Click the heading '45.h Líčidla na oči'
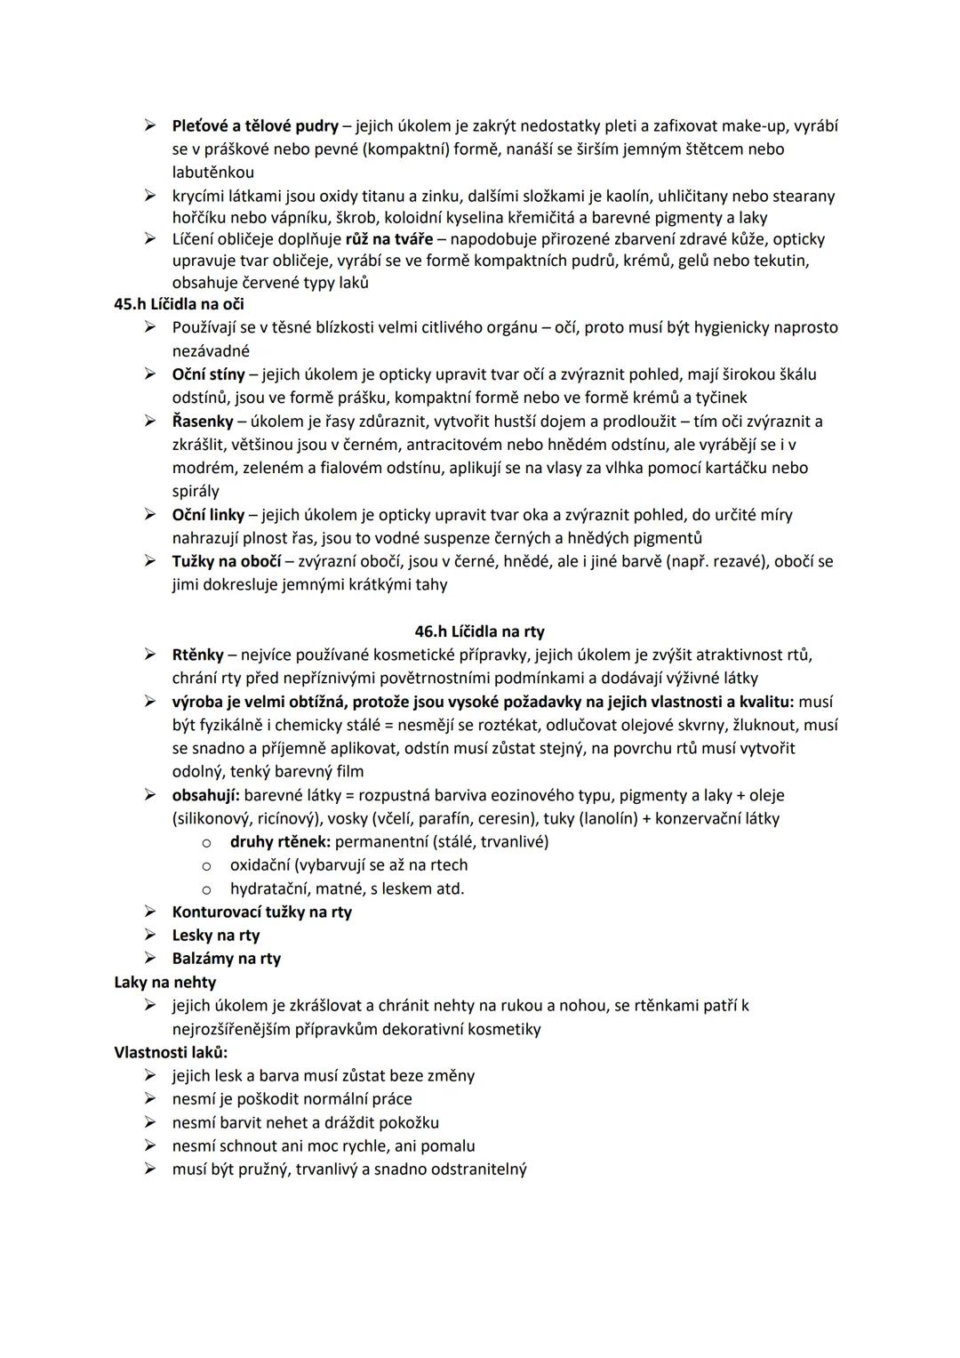pos(179,304)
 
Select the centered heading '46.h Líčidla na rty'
pos(479,631)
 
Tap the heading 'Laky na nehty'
pos(164,982)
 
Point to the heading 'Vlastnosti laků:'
pos(171,1052)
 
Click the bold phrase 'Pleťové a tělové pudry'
pos(255,126)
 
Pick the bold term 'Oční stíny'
pos(208,374)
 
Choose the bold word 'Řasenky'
pos(203,421)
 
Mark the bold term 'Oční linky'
pos(208,515)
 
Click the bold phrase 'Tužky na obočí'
pos(227,561)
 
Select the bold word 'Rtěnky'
pos(197,655)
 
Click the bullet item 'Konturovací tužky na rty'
pos(261,912)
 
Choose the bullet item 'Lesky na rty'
pos(215,935)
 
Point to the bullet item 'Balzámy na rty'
pos(226,959)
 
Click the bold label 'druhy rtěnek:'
pos(280,841)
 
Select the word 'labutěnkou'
pos(212,173)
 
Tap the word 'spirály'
pos(196,491)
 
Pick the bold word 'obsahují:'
pos(205,795)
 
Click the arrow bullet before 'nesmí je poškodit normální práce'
pos(151,1099)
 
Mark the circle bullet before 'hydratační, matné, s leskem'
pos(206,888)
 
